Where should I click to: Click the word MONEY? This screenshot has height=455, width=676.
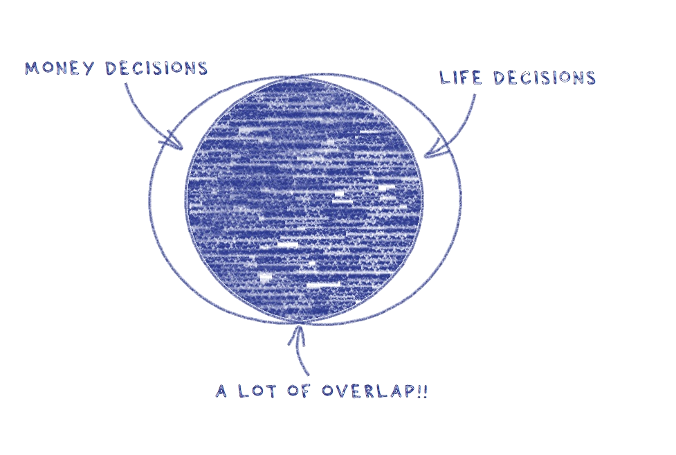[x=59, y=69]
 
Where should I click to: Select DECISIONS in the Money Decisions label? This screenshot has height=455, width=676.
[x=156, y=68]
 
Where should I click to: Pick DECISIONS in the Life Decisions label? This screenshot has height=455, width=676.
[x=545, y=78]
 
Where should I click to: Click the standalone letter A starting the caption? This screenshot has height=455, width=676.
[x=221, y=391]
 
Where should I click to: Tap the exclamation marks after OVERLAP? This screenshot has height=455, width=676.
[x=423, y=391]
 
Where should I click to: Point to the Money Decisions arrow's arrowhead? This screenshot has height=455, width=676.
[x=174, y=141]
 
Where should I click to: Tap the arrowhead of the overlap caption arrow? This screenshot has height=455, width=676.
[x=298, y=334]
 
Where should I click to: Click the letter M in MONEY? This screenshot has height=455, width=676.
[x=31, y=69]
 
